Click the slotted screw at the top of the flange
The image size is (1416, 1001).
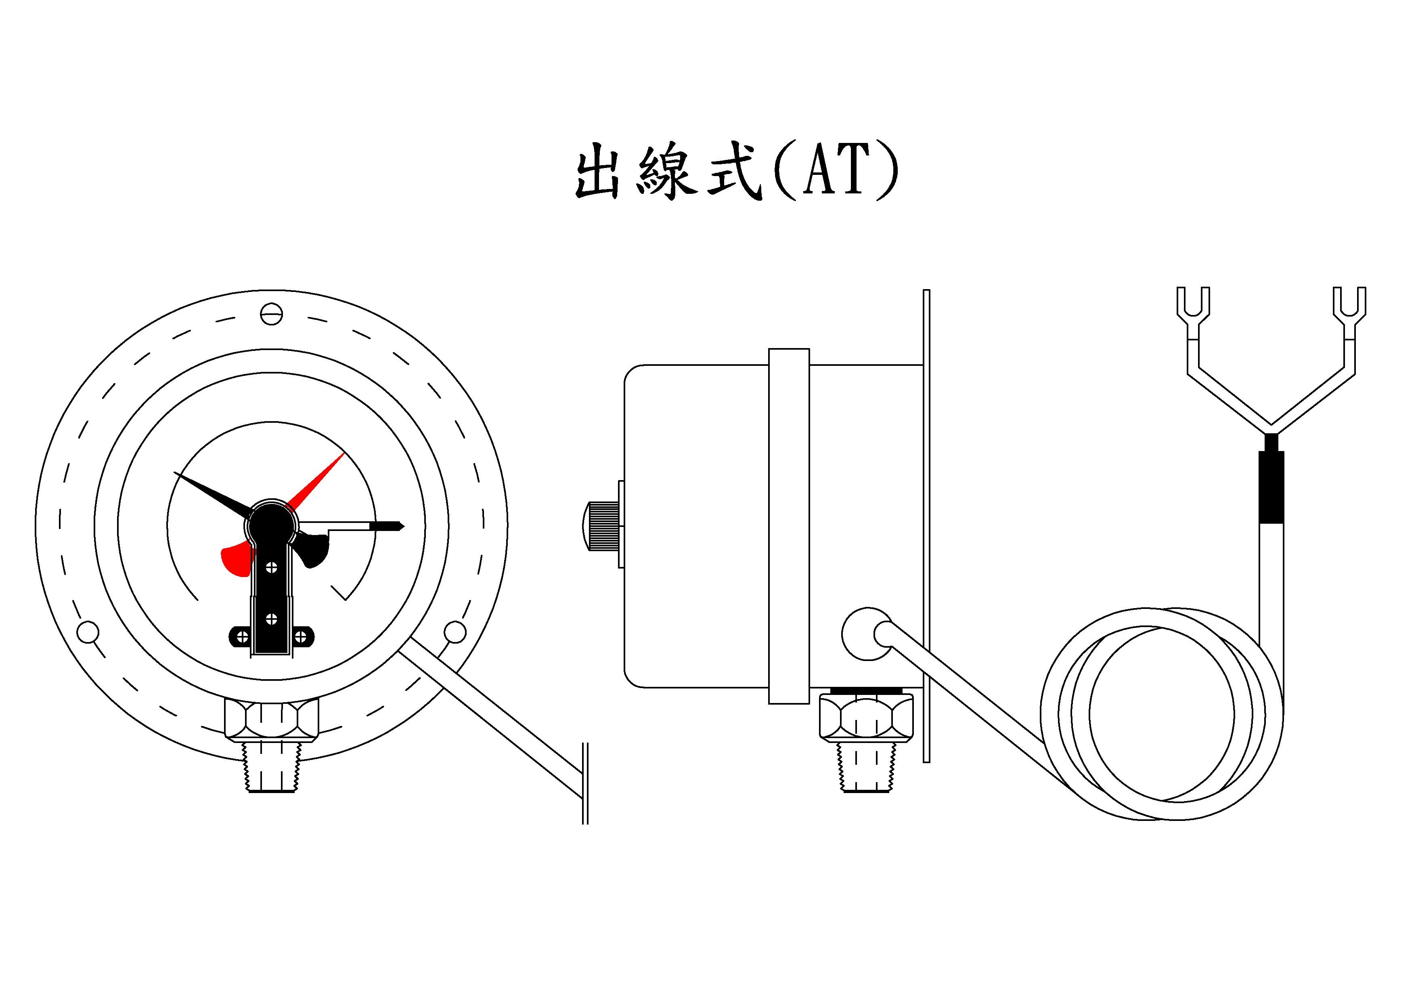coord(271,313)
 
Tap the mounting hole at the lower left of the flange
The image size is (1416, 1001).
coord(88,632)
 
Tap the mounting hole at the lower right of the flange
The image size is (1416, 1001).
coord(455,632)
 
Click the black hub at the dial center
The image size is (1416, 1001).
coord(271,525)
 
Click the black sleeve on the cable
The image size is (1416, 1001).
coord(1271,479)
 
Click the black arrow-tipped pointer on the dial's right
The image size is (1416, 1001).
coord(385,526)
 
